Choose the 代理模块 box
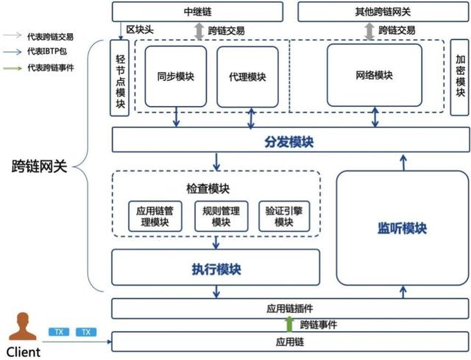tap(247, 76)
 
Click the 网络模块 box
tap(375, 75)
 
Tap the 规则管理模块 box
tap(216, 216)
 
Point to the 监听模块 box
tap(402, 228)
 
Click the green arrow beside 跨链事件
tap(288, 324)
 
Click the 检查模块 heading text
tap(215, 188)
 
